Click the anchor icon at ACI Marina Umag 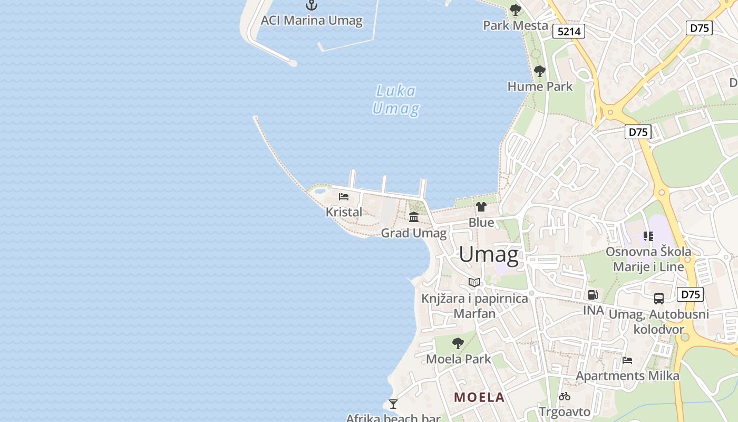click(x=312, y=5)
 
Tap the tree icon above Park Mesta click(x=516, y=9)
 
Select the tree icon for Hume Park click(x=539, y=71)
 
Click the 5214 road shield click(x=569, y=32)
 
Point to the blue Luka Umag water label click(x=396, y=100)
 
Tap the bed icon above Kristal click(x=344, y=197)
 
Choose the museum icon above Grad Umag click(x=414, y=217)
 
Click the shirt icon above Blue click(x=481, y=206)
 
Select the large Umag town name click(x=489, y=255)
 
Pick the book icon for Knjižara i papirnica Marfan click(x=474, y=283)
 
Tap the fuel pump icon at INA click(x=593, y=295)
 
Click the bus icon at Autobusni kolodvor click(x=659, y=299)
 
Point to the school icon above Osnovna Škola click(x=648, y=236)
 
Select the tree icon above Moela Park click(x=458, y=343)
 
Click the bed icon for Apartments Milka click(x=627, y=360)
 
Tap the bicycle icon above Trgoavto click(x=565, y=396)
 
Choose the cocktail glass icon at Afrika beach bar click(x=393, y=404)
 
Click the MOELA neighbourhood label click(x=480, y=397)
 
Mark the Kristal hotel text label click(x=344, y=212)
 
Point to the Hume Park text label click(x=540, y=87)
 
